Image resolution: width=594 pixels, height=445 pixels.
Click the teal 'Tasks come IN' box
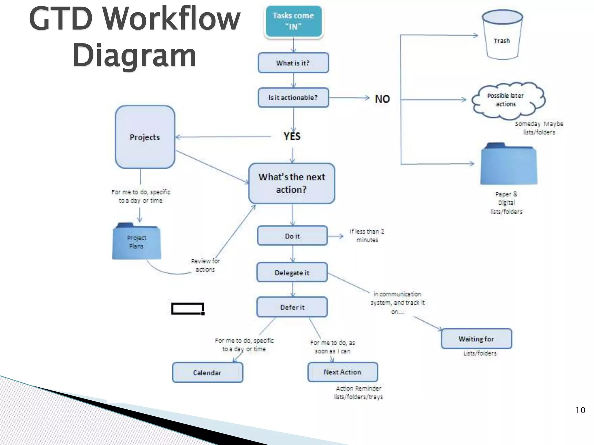293,21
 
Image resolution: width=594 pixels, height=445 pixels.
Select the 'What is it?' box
293,63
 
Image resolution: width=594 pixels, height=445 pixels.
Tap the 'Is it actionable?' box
293,98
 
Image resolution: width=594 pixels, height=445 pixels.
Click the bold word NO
382,99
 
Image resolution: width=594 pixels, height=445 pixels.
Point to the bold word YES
292,136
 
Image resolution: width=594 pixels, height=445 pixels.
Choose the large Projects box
145,137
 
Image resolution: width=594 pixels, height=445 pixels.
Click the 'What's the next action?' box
291,183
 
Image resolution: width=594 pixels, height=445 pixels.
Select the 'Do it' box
292,236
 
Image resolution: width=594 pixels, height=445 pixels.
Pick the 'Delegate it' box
292,272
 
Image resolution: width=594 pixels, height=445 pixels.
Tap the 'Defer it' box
292,307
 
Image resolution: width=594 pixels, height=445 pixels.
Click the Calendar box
207,373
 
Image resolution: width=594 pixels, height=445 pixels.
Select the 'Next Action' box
342,372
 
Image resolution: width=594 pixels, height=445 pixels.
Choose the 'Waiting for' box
476,339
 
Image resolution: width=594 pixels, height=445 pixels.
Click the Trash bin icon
502,35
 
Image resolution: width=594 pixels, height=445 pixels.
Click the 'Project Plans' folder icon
136,242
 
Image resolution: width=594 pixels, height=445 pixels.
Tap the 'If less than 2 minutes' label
367,236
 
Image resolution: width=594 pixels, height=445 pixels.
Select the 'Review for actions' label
205,265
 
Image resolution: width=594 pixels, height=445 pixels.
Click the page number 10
580,410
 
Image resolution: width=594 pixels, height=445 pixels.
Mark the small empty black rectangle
187,309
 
